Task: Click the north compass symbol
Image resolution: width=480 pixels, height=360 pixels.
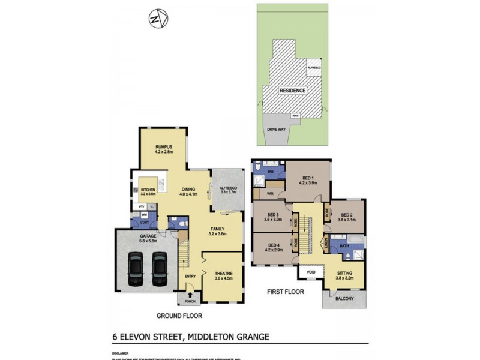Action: pos(158,19)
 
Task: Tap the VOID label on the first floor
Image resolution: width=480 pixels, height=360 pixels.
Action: pos(311,272)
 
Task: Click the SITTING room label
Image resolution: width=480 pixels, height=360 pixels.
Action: pos(345,274)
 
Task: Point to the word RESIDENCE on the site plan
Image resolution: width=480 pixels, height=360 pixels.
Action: pos(292,91)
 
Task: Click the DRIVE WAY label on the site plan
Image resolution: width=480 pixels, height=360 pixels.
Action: pos(277,128)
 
